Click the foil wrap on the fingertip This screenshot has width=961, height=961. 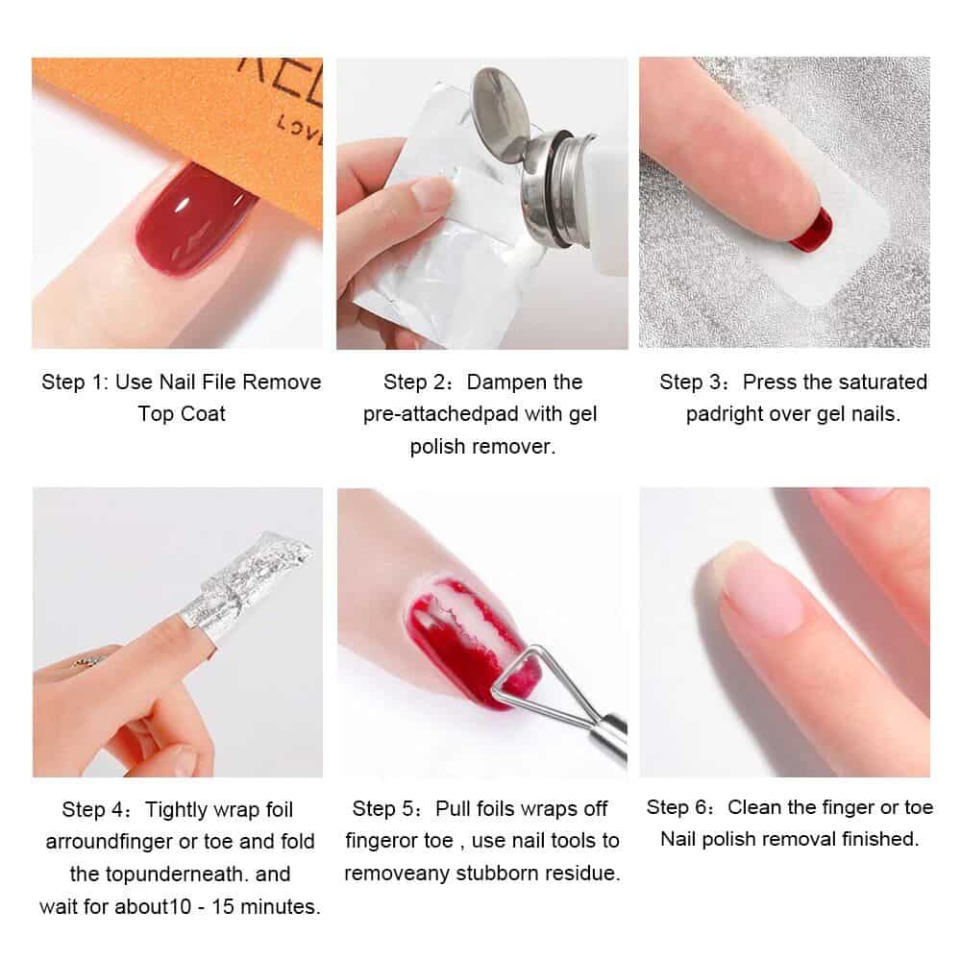coord(259,577)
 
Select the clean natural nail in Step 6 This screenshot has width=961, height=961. coord(759,591)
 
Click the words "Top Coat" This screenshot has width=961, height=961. coord(182,414)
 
